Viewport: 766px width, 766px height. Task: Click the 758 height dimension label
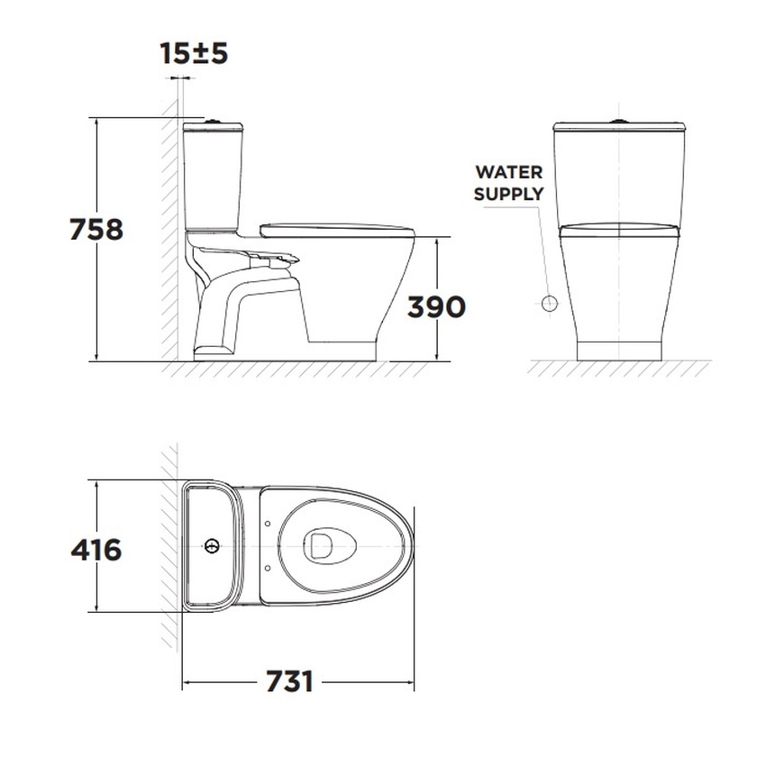tap(96, 230)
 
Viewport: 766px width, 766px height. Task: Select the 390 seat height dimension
tap(436, 307)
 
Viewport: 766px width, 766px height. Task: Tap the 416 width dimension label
tap(96, 550)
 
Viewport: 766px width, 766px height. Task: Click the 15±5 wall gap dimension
tap(194, 53)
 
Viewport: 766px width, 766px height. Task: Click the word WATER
tap(509, 172)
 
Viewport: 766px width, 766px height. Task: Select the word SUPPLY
tap(508, 194)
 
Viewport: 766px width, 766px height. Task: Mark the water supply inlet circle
tap(550, 304)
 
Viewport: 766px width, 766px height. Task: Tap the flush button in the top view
tap(212, 546)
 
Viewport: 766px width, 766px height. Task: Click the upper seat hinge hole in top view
tap(268, 524)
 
